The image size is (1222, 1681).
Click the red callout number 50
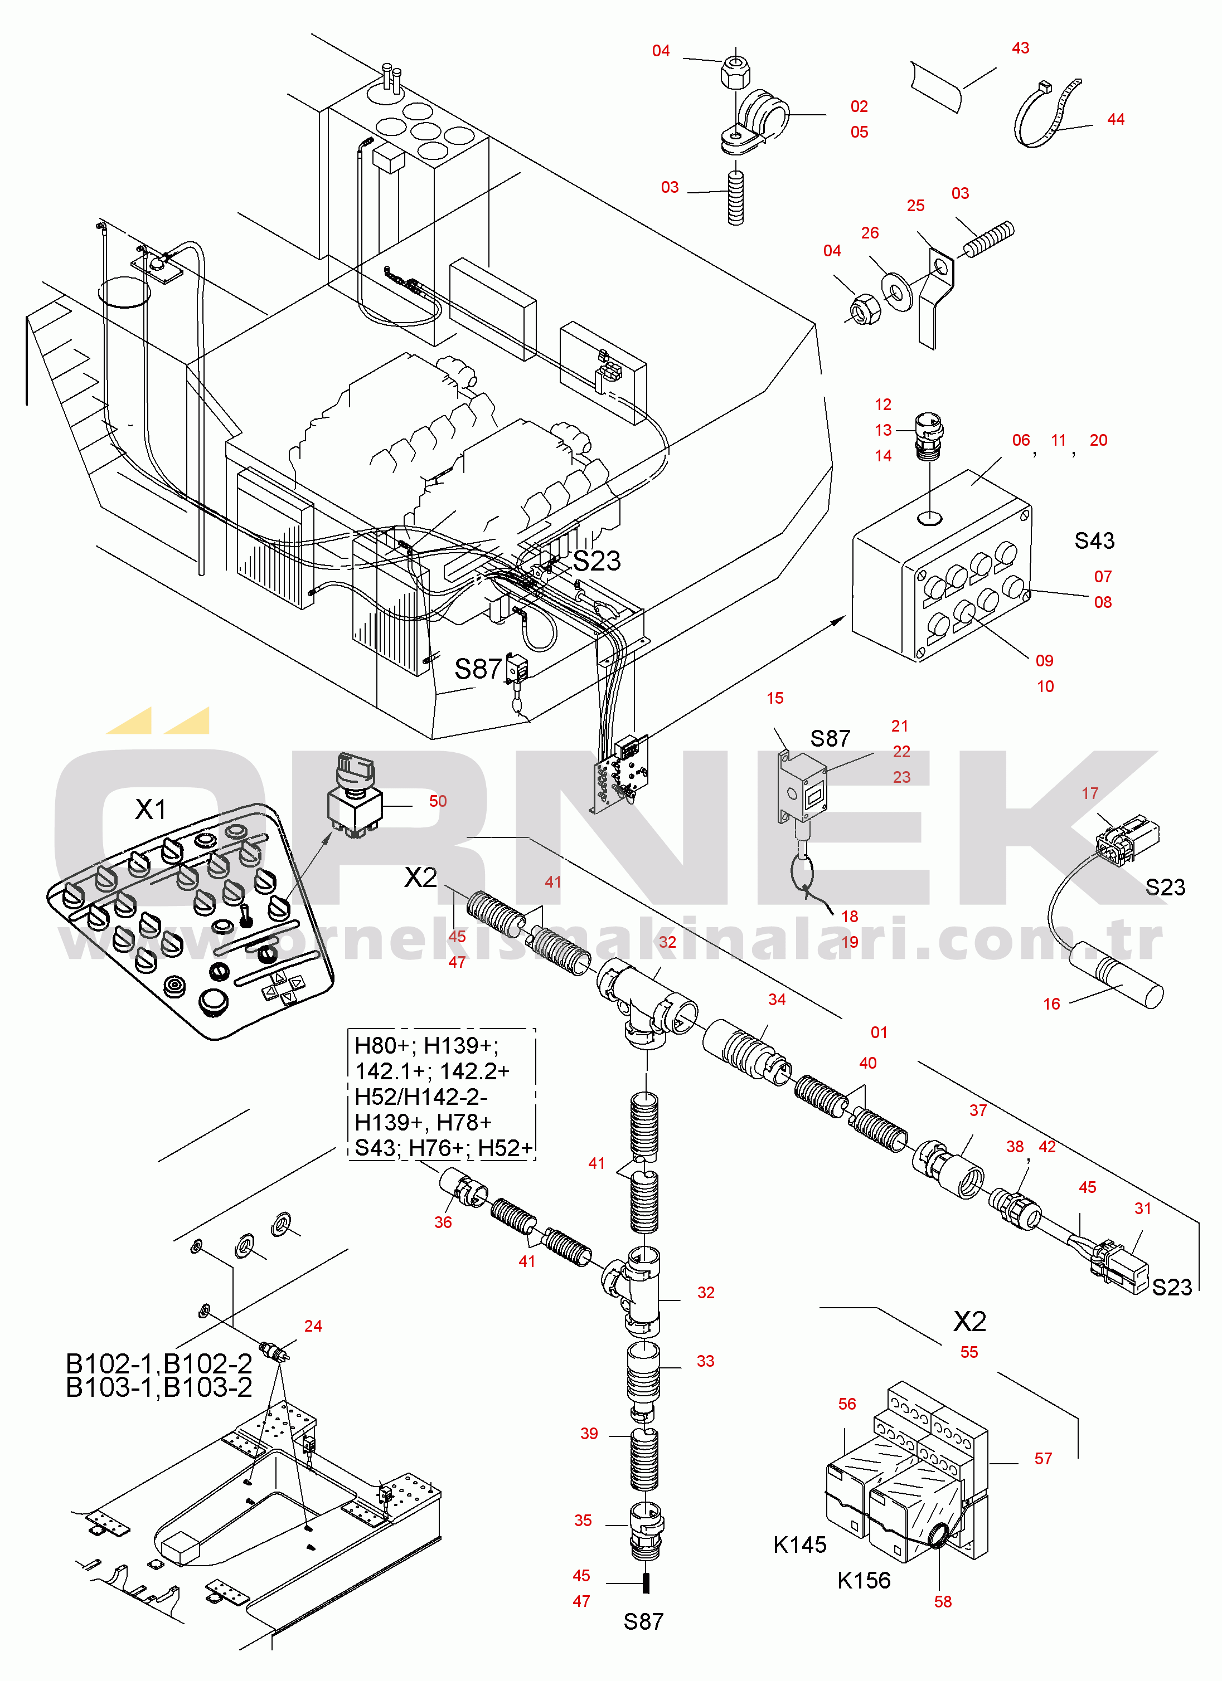point(438,801)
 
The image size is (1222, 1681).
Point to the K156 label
point(864,1580)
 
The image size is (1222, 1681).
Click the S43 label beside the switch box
point(1094,540)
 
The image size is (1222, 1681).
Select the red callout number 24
point(313,1326)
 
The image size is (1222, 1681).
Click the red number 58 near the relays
point(943,1602)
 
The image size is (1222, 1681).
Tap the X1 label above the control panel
point(151,810)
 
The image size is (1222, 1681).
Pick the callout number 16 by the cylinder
point(1051,1004)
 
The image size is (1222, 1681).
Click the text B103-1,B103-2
point(159,1387)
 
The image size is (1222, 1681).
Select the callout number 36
point(443,1222)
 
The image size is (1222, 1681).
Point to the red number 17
point(1089,794)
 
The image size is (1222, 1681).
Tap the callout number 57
point(1043,1459)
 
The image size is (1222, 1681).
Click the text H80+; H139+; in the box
point(426,1046)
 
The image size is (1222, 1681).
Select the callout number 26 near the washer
point(870,233)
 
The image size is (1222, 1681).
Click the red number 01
point(879,1032)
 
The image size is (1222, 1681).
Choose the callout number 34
point(777,1000)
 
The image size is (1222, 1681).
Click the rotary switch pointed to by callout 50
point(355,797)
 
